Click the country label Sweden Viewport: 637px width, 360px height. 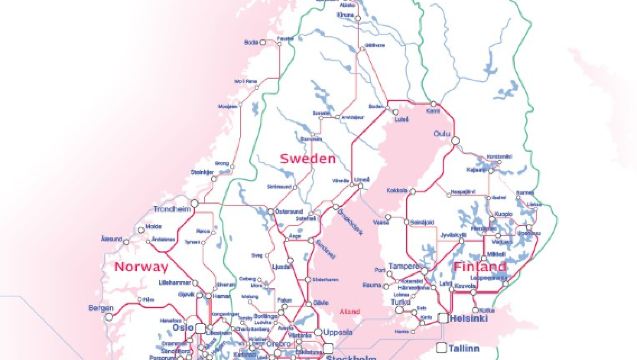[307, 159]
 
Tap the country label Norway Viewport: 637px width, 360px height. [142, 267]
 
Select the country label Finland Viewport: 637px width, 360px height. [479, 268]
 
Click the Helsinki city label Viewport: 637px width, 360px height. [468, 319]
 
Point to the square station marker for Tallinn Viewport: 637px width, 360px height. [440, 348]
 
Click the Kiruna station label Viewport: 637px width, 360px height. [346, 16]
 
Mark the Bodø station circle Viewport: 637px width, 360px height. [266, 42]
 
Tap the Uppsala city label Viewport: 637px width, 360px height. [337, 332]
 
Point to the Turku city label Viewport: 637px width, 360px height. [404, 301]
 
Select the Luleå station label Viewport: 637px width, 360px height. [402, 119]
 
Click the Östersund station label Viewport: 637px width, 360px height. [289, 212]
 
